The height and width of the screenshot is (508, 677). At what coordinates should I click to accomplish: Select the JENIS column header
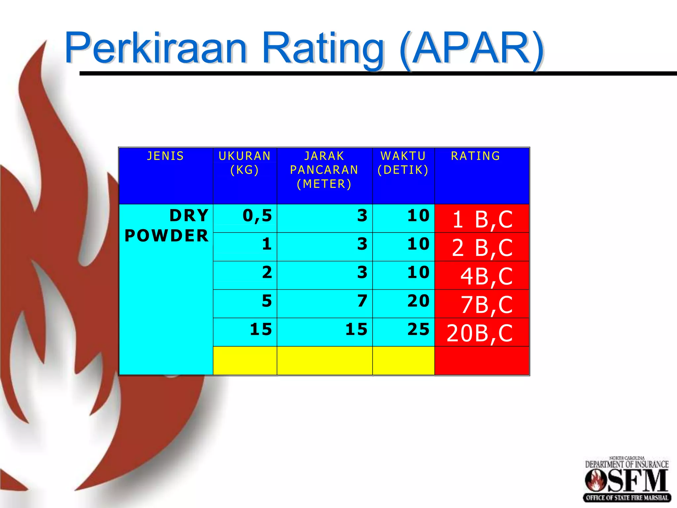tap(165, 156)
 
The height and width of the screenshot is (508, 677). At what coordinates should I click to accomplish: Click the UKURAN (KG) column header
tap(245, 163)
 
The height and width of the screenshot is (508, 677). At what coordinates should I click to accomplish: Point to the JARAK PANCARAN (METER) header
tap(324, 170)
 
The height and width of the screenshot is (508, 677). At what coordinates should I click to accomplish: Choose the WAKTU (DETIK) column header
tap(403, 163)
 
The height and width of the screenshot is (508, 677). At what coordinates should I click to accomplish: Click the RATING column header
tap(475, 156)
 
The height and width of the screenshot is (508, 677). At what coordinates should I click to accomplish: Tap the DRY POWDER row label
tap(167, 226)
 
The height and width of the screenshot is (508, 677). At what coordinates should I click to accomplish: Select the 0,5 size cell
tap(257, 216)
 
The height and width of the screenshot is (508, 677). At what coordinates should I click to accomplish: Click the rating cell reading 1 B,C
tap(482, 219)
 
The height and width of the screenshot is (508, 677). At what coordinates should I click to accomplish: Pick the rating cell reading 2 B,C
tap(482, 248)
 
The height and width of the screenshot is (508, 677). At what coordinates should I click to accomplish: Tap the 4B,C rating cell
tap(486, 276)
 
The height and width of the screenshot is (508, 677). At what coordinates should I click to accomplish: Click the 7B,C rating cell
tap(486, 305)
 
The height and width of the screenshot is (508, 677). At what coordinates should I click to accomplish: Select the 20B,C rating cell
tap(479, 333)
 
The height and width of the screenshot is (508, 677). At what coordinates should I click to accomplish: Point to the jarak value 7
tap(362, 301)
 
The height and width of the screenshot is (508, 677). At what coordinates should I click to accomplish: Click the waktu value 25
tap(418, 329)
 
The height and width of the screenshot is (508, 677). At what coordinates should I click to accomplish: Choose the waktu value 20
tap(418, 301)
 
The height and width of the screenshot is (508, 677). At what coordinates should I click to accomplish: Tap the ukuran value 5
tap(266, 301)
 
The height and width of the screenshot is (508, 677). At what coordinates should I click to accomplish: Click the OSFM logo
tap(626, 480)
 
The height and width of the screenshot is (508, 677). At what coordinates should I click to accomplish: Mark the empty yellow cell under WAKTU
tap(403, 360)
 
